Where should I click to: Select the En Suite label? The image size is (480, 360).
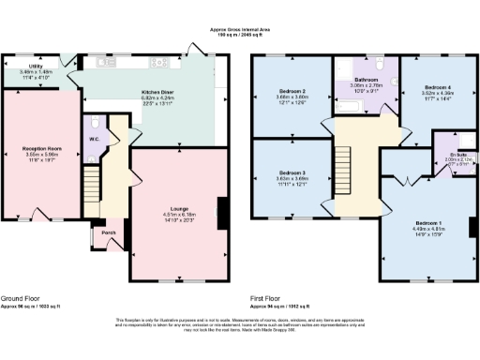[450, 155]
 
